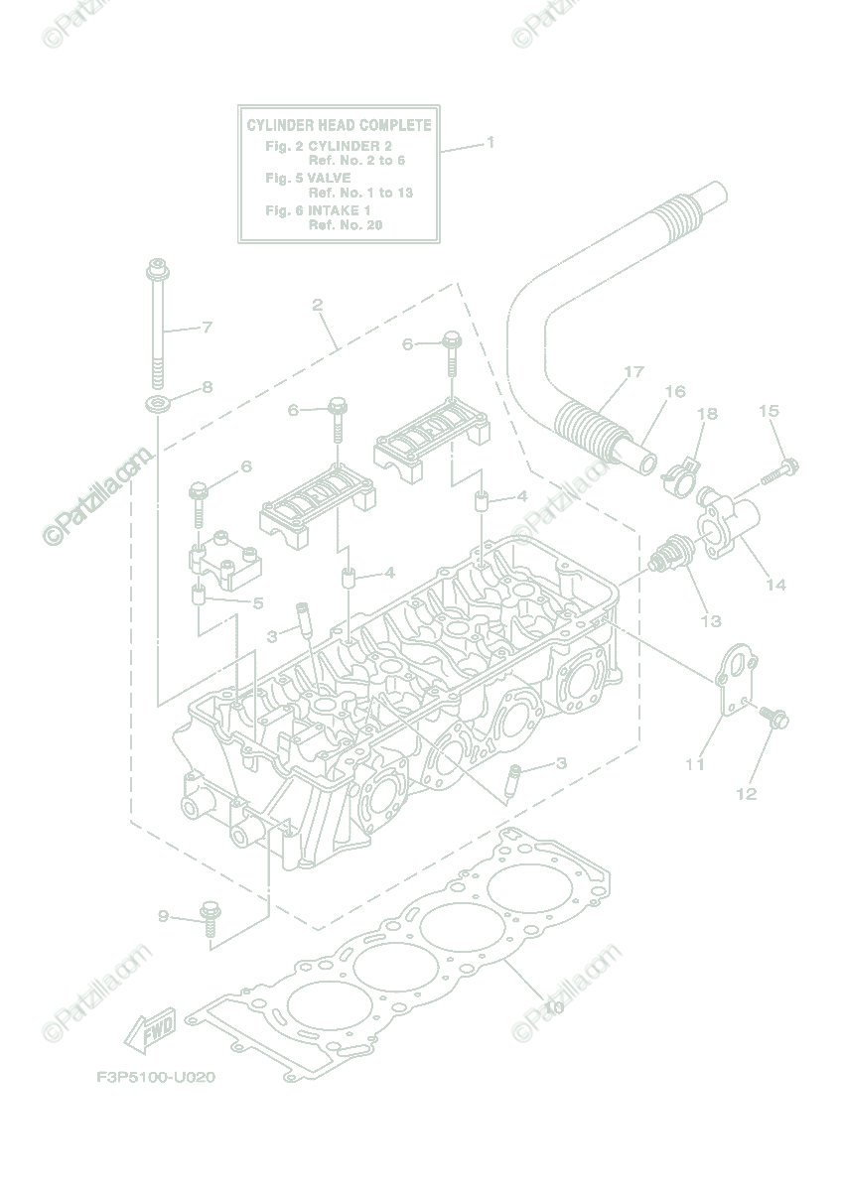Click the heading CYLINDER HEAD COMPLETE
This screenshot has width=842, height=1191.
pyautogui.click(x=339, y=126)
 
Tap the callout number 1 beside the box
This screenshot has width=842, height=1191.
pyautogui.click(x=490, y=143)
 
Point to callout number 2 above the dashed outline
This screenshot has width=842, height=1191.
pyautogui.click(x=318, y=305)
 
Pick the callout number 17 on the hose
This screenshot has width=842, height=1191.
pyautogui.click(x=633, y=372)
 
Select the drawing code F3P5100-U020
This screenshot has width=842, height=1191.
pyautogui.click(x=156, y=1077)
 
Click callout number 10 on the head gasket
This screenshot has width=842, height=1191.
pyautogui.click(x=554, y=1008)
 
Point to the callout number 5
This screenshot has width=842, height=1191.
pyautogui.click(x=257, y=602)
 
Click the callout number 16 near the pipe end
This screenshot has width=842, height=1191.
pyautogui.click(x=674, y=392)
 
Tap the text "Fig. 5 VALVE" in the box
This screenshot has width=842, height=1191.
pyautogui.click(x=308, y=178)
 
